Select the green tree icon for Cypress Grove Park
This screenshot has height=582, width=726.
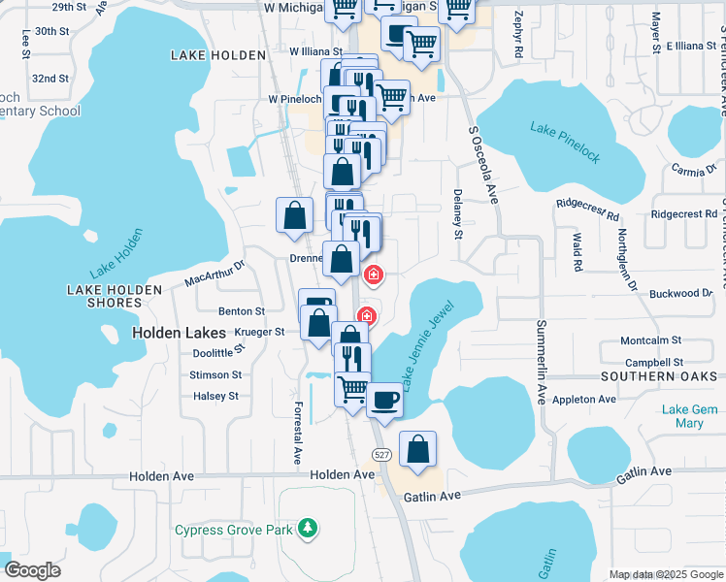coord(308,528)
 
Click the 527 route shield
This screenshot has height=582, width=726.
coord(381,455)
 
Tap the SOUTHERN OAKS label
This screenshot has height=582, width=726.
coord(657,375)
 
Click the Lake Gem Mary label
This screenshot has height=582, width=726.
coord(689,416)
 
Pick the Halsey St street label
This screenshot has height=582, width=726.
coord(215,396)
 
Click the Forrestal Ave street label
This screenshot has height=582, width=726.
coord(298,433)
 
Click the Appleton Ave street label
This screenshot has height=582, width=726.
coord(583,399)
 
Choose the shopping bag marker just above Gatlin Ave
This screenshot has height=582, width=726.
coord(417,450)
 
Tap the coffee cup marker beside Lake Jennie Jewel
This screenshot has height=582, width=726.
coord(385,400)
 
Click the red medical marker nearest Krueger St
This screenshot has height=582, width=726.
coord(367,315)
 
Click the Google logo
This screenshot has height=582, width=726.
coord(33,570)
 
